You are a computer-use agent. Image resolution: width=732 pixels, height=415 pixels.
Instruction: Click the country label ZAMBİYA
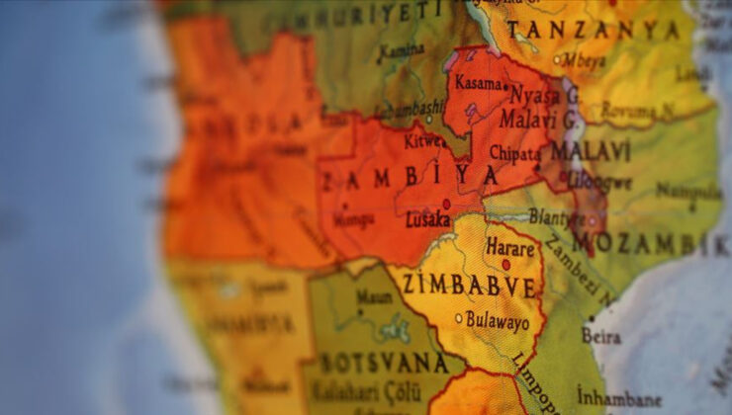tap(409, 178)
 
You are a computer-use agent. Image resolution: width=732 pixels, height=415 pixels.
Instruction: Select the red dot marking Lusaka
tap(446, 205)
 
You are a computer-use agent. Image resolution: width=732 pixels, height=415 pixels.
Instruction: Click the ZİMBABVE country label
tap(470, 287)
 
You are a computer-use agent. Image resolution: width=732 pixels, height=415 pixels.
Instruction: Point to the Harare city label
tap(510, 248)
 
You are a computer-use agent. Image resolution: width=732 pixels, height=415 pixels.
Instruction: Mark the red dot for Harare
tap(505, 265)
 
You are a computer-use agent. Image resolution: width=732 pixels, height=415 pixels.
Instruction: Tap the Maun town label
tap(373, 296)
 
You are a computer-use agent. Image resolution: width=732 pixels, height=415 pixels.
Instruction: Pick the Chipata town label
tap(515, 154)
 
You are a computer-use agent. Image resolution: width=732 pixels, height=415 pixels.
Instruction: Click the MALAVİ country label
tap(591, 151)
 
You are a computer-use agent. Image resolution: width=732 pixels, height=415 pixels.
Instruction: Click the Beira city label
tap(602, 337)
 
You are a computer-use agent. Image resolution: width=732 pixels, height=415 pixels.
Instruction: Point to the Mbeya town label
tap(584, 60)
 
